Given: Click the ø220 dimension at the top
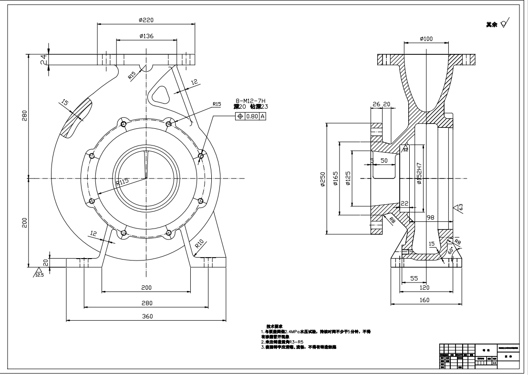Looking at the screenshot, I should coord(146,20).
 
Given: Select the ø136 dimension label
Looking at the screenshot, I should coord(146,36).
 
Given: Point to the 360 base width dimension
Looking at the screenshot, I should coord(146,316).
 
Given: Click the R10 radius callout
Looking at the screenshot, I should coord(200,244).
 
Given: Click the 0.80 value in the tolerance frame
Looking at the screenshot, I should coord(252,116).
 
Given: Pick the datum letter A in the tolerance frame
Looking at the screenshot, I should coord(262,116).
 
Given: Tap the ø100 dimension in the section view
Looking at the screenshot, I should coord(426,39).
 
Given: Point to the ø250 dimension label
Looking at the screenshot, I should coord(323,179).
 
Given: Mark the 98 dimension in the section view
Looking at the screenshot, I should coord(430,218).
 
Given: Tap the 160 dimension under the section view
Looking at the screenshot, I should coord(424,300).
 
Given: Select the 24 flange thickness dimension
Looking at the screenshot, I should coord(43,59).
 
